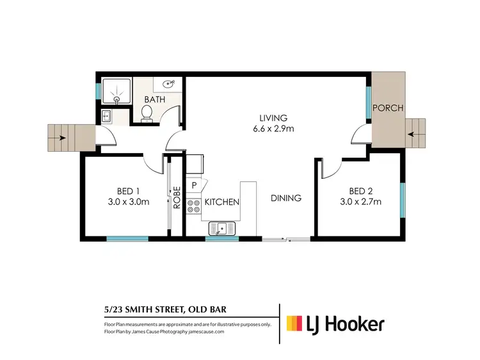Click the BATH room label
pyautogui.click(x=155, y=100)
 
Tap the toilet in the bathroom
pyautogui.click(x=146, y=113)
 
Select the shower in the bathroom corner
pyautogui.click(x=115, y=93)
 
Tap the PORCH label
pyautogui.click(x=388, y=108)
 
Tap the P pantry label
pyautogui.click(x=194, y=186)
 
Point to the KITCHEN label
pyautogui.click(x=221, y=202)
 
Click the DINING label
pyautogui.click(x=285, y=198)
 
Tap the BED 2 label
pyautogui.click(x=360, y=191)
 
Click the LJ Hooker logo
pyautogui.click(x=335, y=323)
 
